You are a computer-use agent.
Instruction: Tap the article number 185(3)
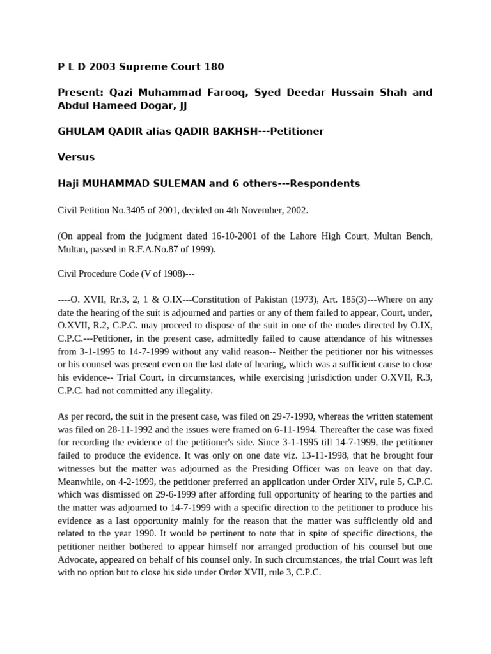pyautogui.click(x=353, y=302)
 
